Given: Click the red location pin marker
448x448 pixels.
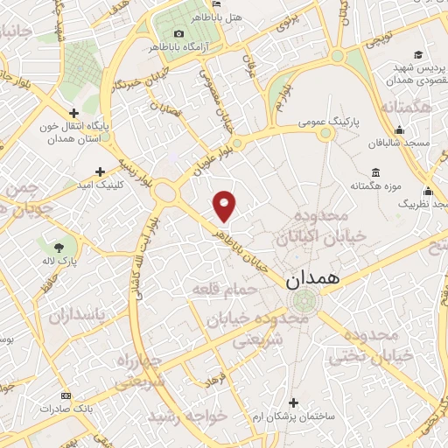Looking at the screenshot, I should (225, 206).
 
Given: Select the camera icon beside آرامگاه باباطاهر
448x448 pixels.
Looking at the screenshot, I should (178, 33).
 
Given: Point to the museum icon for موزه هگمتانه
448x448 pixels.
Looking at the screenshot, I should (375, 171).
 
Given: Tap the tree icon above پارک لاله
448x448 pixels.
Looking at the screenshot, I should (59, 248).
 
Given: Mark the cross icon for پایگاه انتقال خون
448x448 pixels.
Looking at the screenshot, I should (73, 113).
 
